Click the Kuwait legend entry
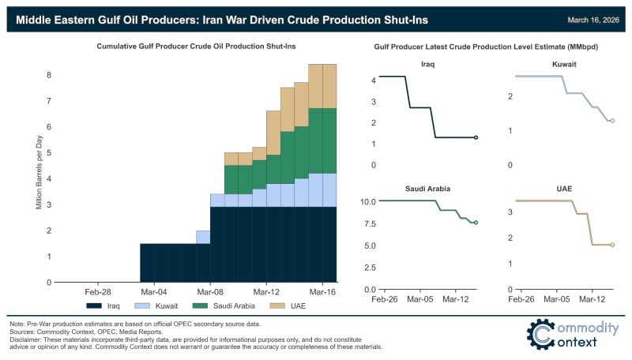[163, 305]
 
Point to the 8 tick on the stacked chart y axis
[49, 76]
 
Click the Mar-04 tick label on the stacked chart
[153, 291]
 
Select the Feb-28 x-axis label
[97, 291]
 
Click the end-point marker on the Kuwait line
[612, 121]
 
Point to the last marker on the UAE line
[612, 245]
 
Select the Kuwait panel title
[562, 65]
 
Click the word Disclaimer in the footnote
[28, 339]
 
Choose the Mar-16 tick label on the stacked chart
[322, 291]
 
